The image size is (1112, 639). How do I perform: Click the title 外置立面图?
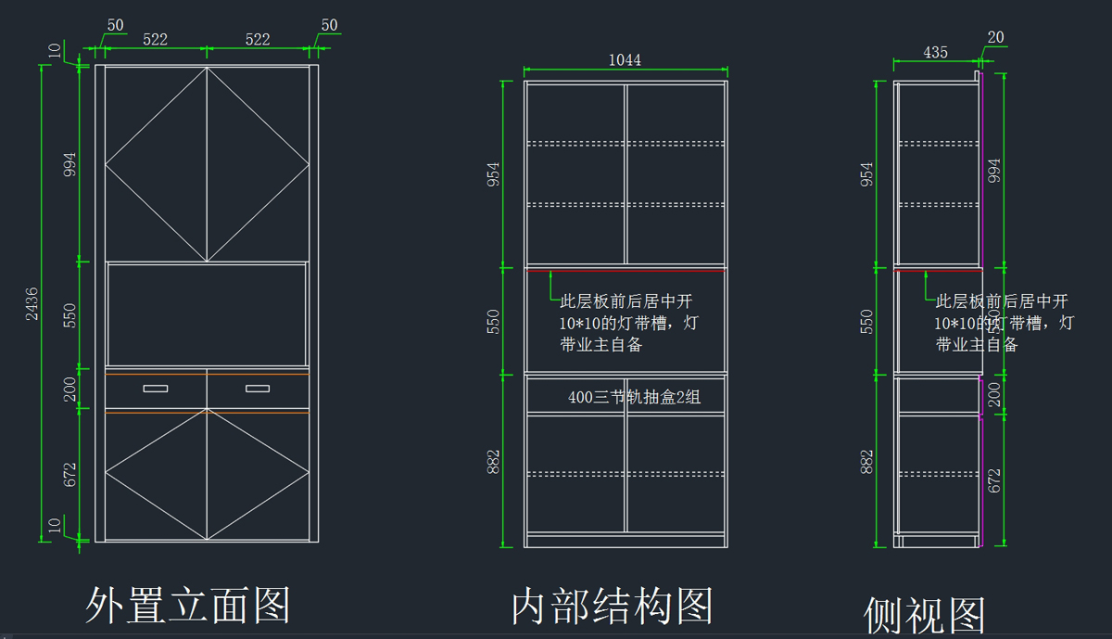coord(188,605)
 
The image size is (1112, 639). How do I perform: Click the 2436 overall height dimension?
coord(32,303)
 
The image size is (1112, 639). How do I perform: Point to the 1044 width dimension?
coord(625,60)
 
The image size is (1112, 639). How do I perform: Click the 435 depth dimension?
coord(936,53)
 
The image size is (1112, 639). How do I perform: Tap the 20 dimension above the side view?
coord(995,38)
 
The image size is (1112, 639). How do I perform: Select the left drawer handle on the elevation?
coord(156,389)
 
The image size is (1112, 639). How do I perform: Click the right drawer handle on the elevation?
coord(258,389)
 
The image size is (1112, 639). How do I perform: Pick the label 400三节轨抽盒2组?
coord(634,397)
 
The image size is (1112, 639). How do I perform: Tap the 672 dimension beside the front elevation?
coord(70,475)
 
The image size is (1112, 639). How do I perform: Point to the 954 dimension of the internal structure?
coord(494,174)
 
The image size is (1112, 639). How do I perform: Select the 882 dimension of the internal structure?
coord(494,460)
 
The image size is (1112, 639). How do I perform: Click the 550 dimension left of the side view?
coord(867,322)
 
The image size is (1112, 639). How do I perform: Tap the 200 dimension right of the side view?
coord(995,395)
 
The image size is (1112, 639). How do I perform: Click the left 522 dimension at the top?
coord(155,39)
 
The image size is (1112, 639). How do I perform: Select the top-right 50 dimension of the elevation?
coord(329,26)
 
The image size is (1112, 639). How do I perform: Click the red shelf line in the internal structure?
coord(625,270)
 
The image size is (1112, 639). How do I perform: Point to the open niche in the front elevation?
coord(207,314)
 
